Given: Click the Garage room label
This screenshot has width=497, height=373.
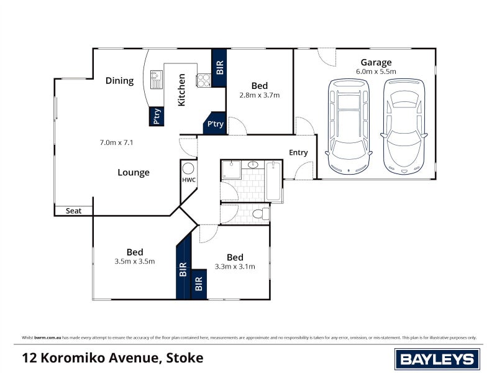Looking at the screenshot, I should pyautogui.click(x=376, y=62).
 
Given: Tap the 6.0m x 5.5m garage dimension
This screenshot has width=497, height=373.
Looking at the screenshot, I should pyautogui.click(x=376, y=71).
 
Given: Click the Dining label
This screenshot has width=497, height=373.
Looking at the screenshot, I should pyautogui.click(x=119, y=80).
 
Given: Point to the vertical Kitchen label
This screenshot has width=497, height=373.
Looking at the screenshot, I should pyautogui.click(x=182, y=90).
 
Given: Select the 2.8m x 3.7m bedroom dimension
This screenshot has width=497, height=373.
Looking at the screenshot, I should pyautogui.click(x=260, y=95).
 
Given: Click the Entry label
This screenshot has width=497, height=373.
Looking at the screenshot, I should pyautogui.click(x=298, y=153).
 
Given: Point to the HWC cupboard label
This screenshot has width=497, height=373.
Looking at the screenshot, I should pyautogui.click(x=189, y=180).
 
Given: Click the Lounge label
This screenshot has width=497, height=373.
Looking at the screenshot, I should pyautogui.click(x=134, y=172).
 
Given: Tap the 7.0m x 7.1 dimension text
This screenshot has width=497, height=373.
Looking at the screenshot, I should pyautogui.click(x=117, y=142).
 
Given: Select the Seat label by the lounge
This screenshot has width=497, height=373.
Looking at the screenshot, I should pyautogui.click(x=74, y=211).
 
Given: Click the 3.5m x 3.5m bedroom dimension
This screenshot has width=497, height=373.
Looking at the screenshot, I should pyautogui.click(x=135, y=261).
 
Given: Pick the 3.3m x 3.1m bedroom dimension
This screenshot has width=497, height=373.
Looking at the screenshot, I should pyautogui.click(x=235, y=266).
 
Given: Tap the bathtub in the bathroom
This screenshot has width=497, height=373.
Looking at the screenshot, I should pyautogui.click(x=273, y=181).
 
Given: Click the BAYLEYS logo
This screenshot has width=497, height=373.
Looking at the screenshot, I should pyautogui.click(x=437, y=359).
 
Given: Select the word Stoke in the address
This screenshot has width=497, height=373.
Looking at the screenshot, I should pyautogui.click(x=185, y=358).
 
